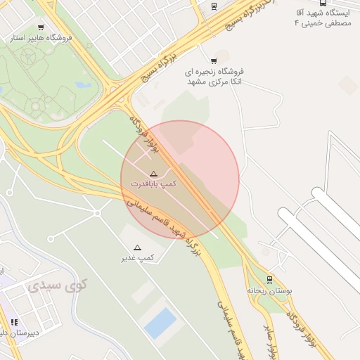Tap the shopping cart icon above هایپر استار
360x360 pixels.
click(41, 27)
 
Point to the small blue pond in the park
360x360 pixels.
click(83, 85)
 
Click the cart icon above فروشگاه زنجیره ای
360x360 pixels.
click(214, 61)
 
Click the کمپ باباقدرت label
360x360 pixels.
click(153, 183)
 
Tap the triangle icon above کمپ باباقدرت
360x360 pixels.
click(153, 173)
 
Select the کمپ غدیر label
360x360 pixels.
click(137, 257)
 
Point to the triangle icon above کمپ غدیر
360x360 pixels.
click(137, 247)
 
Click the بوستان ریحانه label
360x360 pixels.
click(269, 289)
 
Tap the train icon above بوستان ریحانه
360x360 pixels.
click(269, 279)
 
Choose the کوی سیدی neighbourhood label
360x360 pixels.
click(58, 286)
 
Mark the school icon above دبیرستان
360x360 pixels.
click(14, 322)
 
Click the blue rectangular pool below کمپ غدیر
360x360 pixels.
click(160, 323)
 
